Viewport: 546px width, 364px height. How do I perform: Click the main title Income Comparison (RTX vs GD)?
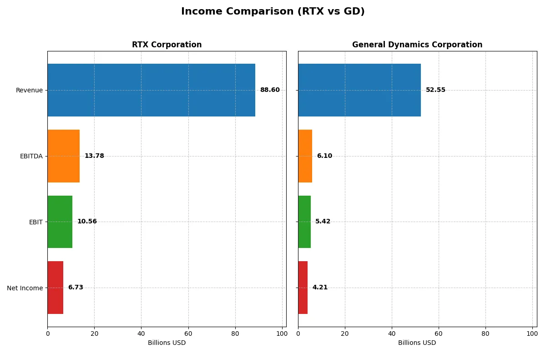pyautogui.click(x=273, y=12)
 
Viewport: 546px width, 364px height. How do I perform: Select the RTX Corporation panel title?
pyautogui.click(x=167, y=45)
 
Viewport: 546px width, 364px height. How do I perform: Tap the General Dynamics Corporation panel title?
pyautogui.click(x=417, y=45)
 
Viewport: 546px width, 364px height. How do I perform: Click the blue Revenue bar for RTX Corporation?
pyautogui.click(x=151, y=90)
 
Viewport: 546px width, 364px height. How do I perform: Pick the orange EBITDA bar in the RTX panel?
pyautogui.click(x=63, y=156)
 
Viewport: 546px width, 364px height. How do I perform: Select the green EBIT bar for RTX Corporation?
pyautogui.click(x=60, y=222)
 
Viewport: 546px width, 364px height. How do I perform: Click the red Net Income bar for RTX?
pyautogui.click(x=55, y=288)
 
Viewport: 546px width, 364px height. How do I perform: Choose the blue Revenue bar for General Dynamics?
pyautogui.click(x=359, y=90)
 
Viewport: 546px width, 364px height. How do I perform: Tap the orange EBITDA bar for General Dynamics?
pyautogui.click(x=305, y=156)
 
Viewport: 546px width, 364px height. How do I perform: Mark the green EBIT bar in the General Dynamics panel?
pyautogui.click(x=304, y=222)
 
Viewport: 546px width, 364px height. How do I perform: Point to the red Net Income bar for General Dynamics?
pyautogui.click(x=303, y=288)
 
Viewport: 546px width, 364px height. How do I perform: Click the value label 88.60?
pyautogui.click(x=270, y=90)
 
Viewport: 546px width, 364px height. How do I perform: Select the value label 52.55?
pyautogui.click(x=435, y=90)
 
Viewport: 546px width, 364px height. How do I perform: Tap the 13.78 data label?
pyautogui.click(x=94, y=156)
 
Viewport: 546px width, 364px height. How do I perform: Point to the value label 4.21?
pyautogui.click(x=320, y=288)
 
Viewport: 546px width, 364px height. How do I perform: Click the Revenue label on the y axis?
pyautogui.click(x=29, y=90)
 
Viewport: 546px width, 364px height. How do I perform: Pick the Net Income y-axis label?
pyautogui.click(x=25, y=288)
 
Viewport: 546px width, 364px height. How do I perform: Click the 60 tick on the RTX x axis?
pyautogui.click(x=188, y=334)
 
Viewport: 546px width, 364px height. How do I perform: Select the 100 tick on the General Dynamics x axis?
pyautogui.click(x=532, y=334)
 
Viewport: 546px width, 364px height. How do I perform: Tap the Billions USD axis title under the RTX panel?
pyautogui.click(x=167, y=343)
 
